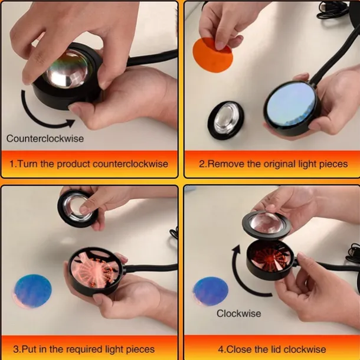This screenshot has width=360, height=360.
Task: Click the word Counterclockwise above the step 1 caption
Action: click(45, 139)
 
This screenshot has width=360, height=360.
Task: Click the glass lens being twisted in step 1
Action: click(67, 69)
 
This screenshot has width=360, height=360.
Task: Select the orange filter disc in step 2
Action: click(212, 55)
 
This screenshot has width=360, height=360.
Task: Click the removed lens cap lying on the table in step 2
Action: click(225, 120)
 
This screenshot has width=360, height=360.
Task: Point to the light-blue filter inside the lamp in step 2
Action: click(291, 107)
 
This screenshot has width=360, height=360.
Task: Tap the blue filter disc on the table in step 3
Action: click(32, 291)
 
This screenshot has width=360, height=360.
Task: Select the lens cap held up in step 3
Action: click(77, 208)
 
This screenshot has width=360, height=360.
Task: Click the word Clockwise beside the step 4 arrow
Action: click(238, 313)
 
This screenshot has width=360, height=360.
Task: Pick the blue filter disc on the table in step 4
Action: click(211, 291)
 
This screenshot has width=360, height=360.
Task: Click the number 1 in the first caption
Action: click(12, 164)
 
